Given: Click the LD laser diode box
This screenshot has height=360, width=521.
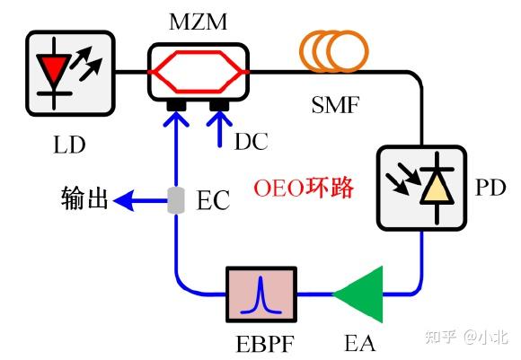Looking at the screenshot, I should pyautogui.click(x=70, y=71).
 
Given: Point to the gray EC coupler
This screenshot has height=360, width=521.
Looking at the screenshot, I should pyautogui.click(x=175, y=200).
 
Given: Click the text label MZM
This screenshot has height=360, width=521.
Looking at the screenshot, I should pyautogui.click(x=198, y=19).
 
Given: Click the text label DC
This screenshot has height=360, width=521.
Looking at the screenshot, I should pyautogui.click(x=251, y=141).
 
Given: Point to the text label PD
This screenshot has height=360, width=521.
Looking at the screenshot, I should pyautogui.click(x=490, y=189).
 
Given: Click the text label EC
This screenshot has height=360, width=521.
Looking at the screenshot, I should pyautogui.click(x=213, y=199).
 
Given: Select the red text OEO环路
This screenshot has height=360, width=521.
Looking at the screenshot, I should pyautogui.click(x=304, y=189).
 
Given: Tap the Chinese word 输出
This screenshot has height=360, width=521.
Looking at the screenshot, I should pyautogui.click(x=84, y=198).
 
